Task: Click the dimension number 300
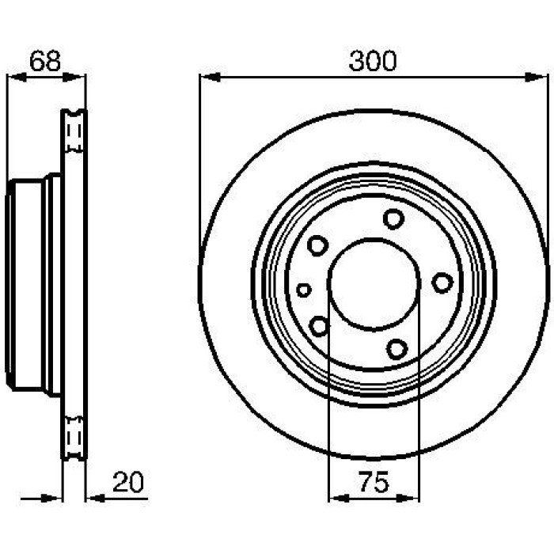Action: pos(373,61)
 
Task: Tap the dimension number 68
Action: pos(45,61)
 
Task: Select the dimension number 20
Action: pos(128,482)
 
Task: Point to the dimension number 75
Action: pos(374,482)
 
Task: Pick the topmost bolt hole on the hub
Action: pos(393,218)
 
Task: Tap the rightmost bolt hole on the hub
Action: pos(442,283)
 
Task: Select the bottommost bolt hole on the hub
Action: pos(397,349)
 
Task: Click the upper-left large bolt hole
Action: pos(317,245)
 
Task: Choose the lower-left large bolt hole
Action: pos(319,326)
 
